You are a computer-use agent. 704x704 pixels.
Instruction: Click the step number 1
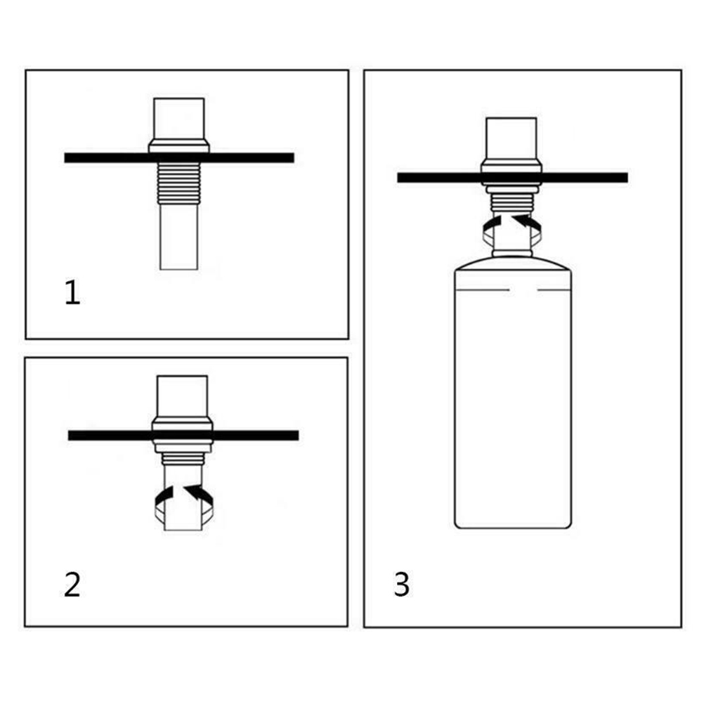72,292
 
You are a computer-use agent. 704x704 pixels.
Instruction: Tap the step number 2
72,584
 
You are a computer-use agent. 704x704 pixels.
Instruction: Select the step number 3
402,584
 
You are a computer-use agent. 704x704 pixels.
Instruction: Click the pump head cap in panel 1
178,119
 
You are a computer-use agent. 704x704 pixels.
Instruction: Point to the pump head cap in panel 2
182,396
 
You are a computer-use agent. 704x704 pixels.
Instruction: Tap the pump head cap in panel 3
511,138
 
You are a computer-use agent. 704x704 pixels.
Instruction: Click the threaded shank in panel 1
178,183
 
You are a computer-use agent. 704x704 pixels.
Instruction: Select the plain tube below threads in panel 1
178,237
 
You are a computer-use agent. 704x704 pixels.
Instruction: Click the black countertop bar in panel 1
179,157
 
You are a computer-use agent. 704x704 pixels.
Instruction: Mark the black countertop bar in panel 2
183,435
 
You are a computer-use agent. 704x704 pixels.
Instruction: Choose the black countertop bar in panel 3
512,177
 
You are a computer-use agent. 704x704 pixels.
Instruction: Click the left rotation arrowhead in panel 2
165,493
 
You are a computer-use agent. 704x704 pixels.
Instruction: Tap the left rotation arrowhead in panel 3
493,222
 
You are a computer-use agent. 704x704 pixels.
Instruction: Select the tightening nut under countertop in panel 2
182,446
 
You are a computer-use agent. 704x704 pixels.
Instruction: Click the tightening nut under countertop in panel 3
511,188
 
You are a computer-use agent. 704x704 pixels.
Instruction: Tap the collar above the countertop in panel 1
178,146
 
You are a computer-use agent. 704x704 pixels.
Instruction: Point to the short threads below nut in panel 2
182,459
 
